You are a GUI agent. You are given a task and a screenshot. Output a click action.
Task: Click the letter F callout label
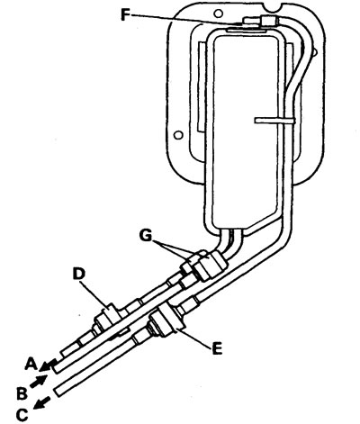tap(126, 14)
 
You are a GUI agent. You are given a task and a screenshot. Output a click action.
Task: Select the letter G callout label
tap(147, 236)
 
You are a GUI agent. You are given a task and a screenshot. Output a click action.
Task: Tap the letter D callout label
tap(79, 274)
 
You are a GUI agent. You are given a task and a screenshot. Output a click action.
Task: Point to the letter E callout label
tap(217, 348)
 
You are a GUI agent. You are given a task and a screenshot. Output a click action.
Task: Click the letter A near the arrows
tap(31, 364)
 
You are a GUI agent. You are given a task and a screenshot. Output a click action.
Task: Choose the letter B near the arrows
tap(22, 393)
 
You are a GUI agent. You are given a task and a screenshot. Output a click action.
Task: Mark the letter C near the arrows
tap(22, 415)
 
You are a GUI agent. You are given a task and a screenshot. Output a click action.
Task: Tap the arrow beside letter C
tap(42, 402)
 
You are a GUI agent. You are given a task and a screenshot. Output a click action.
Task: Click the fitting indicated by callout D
tap(109, 318)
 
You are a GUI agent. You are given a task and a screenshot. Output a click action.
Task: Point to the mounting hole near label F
tap(219, 14)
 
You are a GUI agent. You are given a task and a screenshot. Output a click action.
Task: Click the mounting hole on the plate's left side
tap(179, 135)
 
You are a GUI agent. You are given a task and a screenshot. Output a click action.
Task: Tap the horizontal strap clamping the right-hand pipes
tap(274, 121)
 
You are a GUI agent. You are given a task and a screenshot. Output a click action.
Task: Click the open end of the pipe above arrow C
tap(57, 392)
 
